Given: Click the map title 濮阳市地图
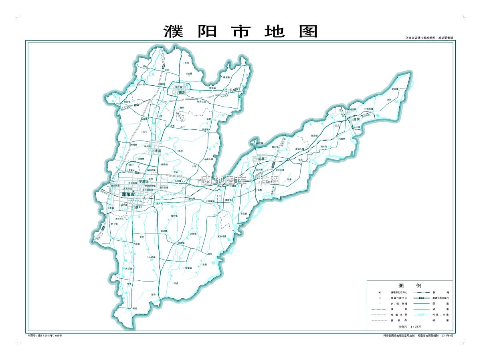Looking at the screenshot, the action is [240, 31].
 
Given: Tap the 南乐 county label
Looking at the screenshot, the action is [183, 93].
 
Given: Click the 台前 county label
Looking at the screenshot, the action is [356, 119].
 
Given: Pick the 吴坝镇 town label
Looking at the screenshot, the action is [395, 89].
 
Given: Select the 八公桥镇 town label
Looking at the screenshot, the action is [151, 257].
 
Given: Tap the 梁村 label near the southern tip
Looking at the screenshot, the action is [135, 308].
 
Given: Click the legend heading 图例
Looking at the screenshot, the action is [410, 286].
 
